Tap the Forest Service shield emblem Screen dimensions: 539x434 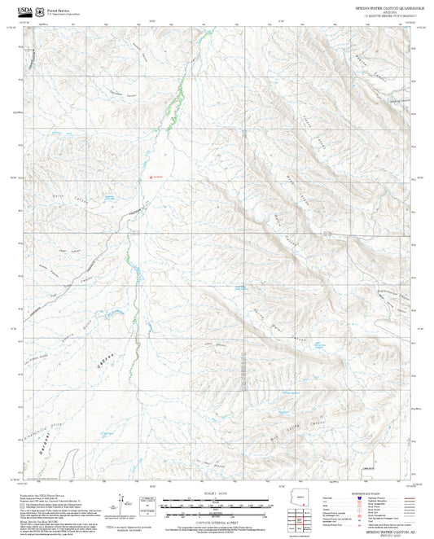point(39,9)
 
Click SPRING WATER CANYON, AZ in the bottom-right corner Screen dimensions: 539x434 point(383,529)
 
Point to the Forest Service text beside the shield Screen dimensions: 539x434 point(59,7)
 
